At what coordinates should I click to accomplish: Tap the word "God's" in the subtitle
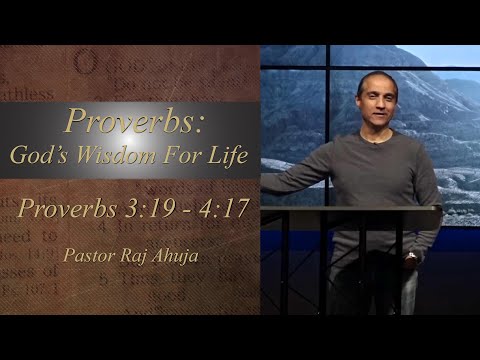[40, 156]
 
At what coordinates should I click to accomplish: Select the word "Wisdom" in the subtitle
[113, 156]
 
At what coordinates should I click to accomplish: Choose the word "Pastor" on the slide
[87, 255]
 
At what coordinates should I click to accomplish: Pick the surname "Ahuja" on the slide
[177, 255]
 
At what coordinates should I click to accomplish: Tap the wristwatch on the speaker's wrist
[410, 257]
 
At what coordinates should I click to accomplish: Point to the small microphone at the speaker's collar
[376, 141]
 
